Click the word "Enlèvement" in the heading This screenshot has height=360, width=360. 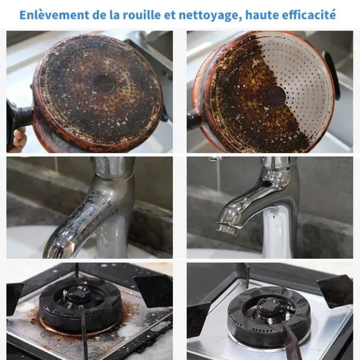[54, 15]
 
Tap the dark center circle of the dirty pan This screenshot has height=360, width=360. [104, 83]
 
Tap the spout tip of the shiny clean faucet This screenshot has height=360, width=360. [227, 229]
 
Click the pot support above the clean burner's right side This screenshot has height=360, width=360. [336, 290]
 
